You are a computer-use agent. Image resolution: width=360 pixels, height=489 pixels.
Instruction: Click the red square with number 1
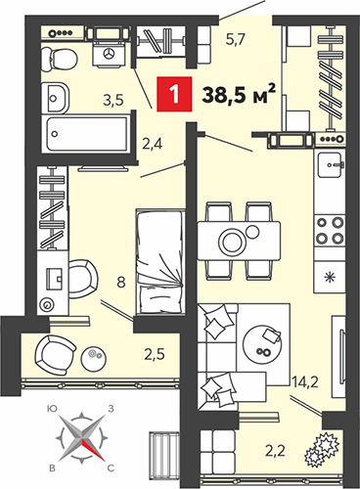coord(174,94)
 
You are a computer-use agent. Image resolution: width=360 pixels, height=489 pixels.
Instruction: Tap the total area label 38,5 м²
coord(239,94)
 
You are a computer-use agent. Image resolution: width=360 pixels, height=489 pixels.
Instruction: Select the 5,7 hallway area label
coord(236,40)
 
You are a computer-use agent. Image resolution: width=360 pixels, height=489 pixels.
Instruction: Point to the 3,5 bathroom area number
coord(113,101)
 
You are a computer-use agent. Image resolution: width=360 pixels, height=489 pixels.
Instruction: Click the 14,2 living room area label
coord(305,381)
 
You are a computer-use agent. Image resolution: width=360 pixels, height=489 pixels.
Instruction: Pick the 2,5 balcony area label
coord(155,354)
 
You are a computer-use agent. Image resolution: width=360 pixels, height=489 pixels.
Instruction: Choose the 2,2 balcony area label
coord(276,451)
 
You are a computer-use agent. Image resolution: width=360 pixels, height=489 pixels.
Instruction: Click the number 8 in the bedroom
coord(121,282)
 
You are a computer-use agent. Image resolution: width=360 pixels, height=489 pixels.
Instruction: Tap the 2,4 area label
coord(153,144)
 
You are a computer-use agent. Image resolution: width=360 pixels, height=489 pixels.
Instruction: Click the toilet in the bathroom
coord(60,59)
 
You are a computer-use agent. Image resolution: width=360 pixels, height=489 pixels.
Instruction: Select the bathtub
coord(87,134)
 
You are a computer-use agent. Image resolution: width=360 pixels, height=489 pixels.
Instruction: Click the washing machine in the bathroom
coord(109,53)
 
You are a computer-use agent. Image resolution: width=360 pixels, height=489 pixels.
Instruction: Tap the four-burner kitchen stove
coord(330,231)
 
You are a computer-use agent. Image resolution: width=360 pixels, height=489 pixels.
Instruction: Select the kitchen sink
coord(331,165)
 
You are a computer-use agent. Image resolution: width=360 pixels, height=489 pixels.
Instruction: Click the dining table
coord(239,241)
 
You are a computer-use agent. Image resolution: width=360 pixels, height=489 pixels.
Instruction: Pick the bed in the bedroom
coord(159,262)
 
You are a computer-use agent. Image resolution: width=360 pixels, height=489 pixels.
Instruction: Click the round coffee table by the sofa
coord(263,345)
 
